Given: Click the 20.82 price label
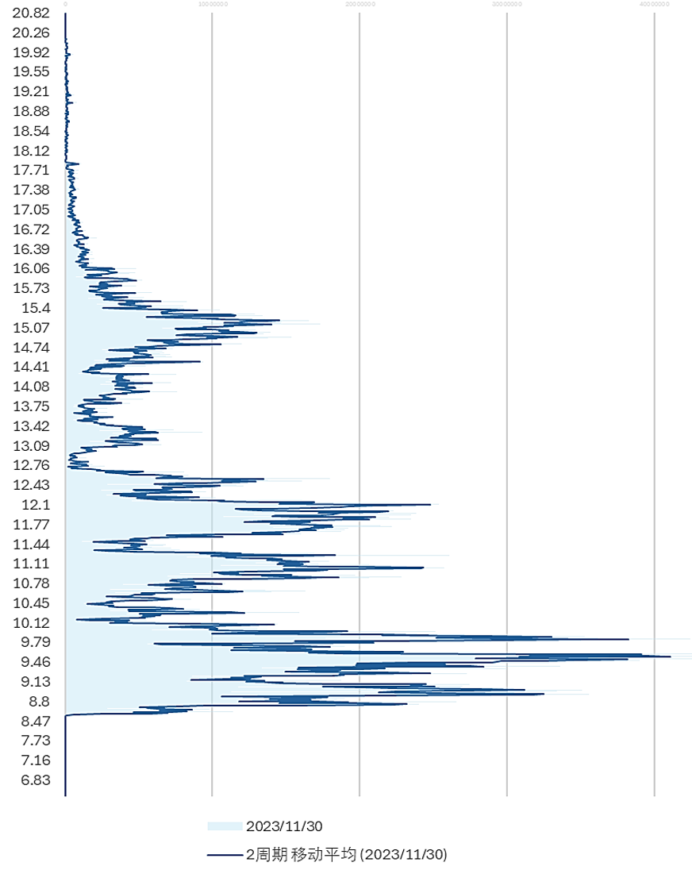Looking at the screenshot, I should click(32, 13).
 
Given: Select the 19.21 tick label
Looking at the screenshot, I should click(32, 91).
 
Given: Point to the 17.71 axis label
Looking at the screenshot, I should click(32, 170).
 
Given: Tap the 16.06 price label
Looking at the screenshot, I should click(32, 268).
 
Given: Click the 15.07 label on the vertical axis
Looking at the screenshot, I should click(32, 328).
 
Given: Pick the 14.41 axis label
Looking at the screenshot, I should click(32, 367).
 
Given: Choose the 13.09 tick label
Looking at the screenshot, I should click(32, 445).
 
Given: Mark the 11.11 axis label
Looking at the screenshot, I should click(32, 564).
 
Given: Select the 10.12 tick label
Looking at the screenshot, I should click(32, 622).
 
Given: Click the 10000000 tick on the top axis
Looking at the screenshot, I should click(212, 4).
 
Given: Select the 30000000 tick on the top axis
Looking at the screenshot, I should click(506, 4).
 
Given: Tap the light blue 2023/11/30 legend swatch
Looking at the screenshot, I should click(225, 826).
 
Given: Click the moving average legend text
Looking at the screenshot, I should click(347, 855).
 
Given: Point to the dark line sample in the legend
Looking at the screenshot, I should click(225, 855).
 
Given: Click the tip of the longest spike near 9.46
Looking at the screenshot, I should click(671, 656).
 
